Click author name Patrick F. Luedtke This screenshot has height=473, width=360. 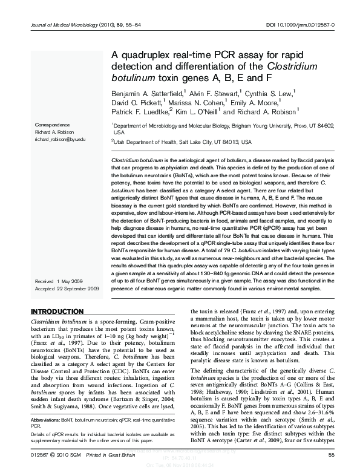click(140, 113)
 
